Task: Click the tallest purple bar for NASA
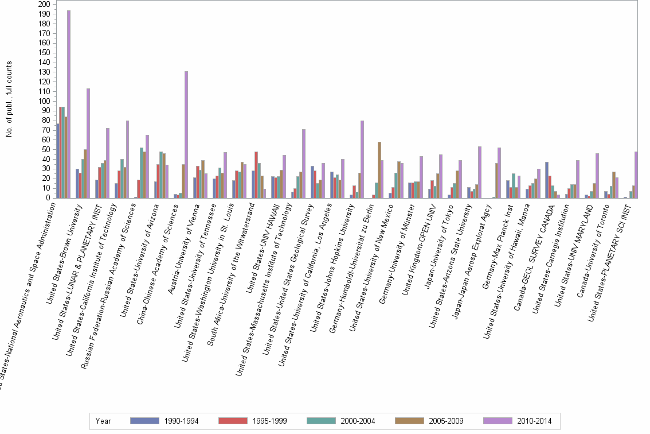[69, 104]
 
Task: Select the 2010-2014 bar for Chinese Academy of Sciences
[186, 134]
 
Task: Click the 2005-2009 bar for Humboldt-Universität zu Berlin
[379, 170]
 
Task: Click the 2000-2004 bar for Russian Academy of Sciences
[142, 173]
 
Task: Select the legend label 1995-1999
[268, 421]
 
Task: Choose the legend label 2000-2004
[357, 421]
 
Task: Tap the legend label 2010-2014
[534, 421]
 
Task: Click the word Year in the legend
[103, 421]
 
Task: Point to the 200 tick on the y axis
[44, 4]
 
